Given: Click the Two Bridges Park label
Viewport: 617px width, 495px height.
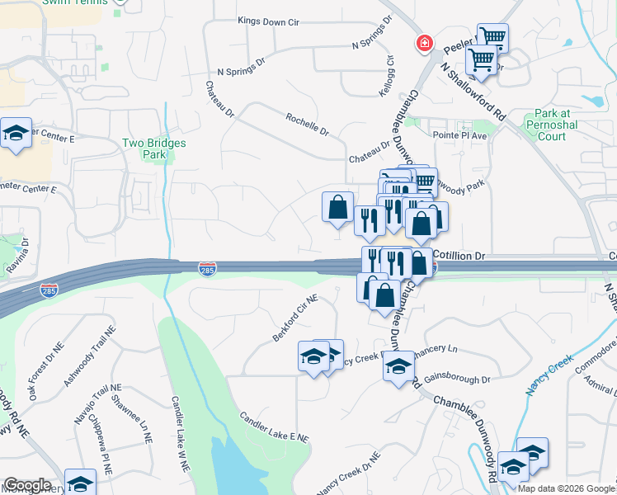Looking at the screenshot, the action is [154, 148].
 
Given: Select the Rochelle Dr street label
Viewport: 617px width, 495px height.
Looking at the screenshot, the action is [307, 125].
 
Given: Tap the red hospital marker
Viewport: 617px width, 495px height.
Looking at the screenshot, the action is [425, 43].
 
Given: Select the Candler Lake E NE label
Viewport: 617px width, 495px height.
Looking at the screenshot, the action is [274, 427].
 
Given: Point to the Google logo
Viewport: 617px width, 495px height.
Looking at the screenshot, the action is [27, 485].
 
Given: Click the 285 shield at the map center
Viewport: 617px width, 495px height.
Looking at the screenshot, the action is [207, 269].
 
